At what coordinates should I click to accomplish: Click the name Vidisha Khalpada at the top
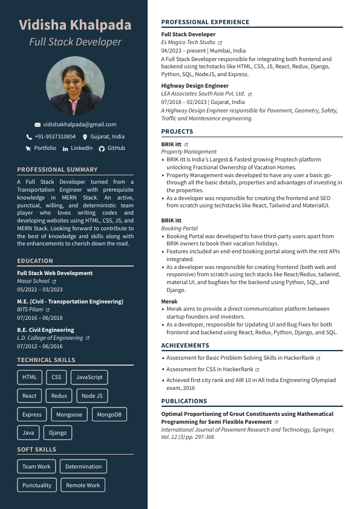pyautogui.click(x=75, y=25)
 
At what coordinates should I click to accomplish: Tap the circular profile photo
pyautogui.click(x=75, y=86)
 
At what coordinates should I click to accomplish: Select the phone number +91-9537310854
pyautogui.click(x=55, y=137)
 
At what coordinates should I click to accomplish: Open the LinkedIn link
pyautogui.click(x=82, y=148)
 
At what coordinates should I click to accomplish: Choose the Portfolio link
pyautogui.click(x=45, y=148)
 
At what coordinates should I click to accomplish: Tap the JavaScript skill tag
pyautogui.click(x=89, y=377)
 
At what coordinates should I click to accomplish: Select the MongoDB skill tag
pyautogui.click(x=109, y=415)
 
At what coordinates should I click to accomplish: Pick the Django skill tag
pyautogui.click(x=57, y=433)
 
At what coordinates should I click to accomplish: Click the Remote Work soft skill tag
pyautogui.click(x=83, y=485)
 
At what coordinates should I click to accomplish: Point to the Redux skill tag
pyautogui.click(x=59, y=396)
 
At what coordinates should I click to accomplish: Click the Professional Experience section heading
pyautogui.click(x=205, y=22)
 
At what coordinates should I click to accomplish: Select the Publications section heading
pyautogui.click(x=184, y=401)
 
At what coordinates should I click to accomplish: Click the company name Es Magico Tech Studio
pyautogui.click(x=188, y=43)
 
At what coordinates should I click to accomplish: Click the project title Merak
pyautogui.click(x=169, y=301)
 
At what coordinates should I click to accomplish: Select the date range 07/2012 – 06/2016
pyautogui.click(x=40, y=346)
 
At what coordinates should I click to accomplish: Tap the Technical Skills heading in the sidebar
pyautogui.click(x=46, y=360)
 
